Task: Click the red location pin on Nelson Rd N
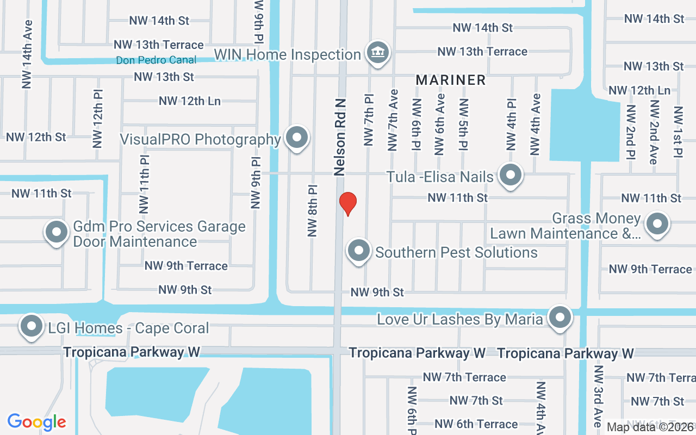tap(347, 203)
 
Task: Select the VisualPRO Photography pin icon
tap(297, 138)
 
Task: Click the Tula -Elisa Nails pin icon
tap(510, 175)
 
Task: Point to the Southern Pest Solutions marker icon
tap(358, 251)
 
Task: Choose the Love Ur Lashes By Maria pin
tap(560, 317)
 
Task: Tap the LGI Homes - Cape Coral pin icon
tap(31, 326)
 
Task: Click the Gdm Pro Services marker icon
tap(57, 232)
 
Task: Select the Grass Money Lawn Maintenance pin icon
tap(657, 223)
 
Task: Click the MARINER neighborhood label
tap(451, 80)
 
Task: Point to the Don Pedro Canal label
tap(156, 60)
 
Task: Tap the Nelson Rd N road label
tap(340, 136)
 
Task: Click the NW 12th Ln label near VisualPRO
tap(189, 101)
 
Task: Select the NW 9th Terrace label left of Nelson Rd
tap(186, 266)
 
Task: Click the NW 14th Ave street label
tap(27, 54)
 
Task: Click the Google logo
tap(37, 422)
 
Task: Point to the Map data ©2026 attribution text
tap(650, 427)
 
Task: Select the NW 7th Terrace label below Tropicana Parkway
tap(464, 377)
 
